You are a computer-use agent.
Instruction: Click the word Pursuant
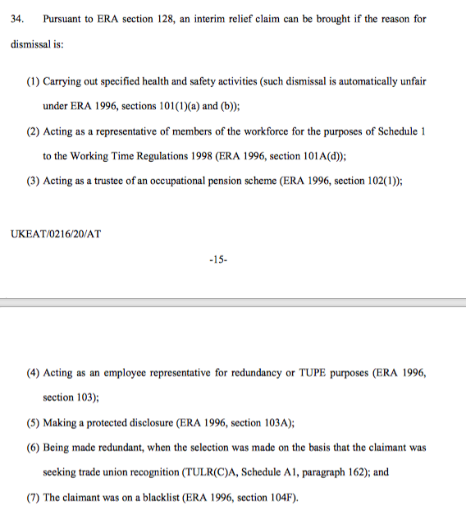[63, 19]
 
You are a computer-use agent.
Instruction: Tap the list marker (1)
[33, 82]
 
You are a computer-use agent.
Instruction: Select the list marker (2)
[33, 132]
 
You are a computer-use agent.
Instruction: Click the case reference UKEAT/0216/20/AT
[56, 233]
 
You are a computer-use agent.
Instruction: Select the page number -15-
[218, 260]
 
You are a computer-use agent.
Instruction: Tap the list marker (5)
[33, 423]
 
